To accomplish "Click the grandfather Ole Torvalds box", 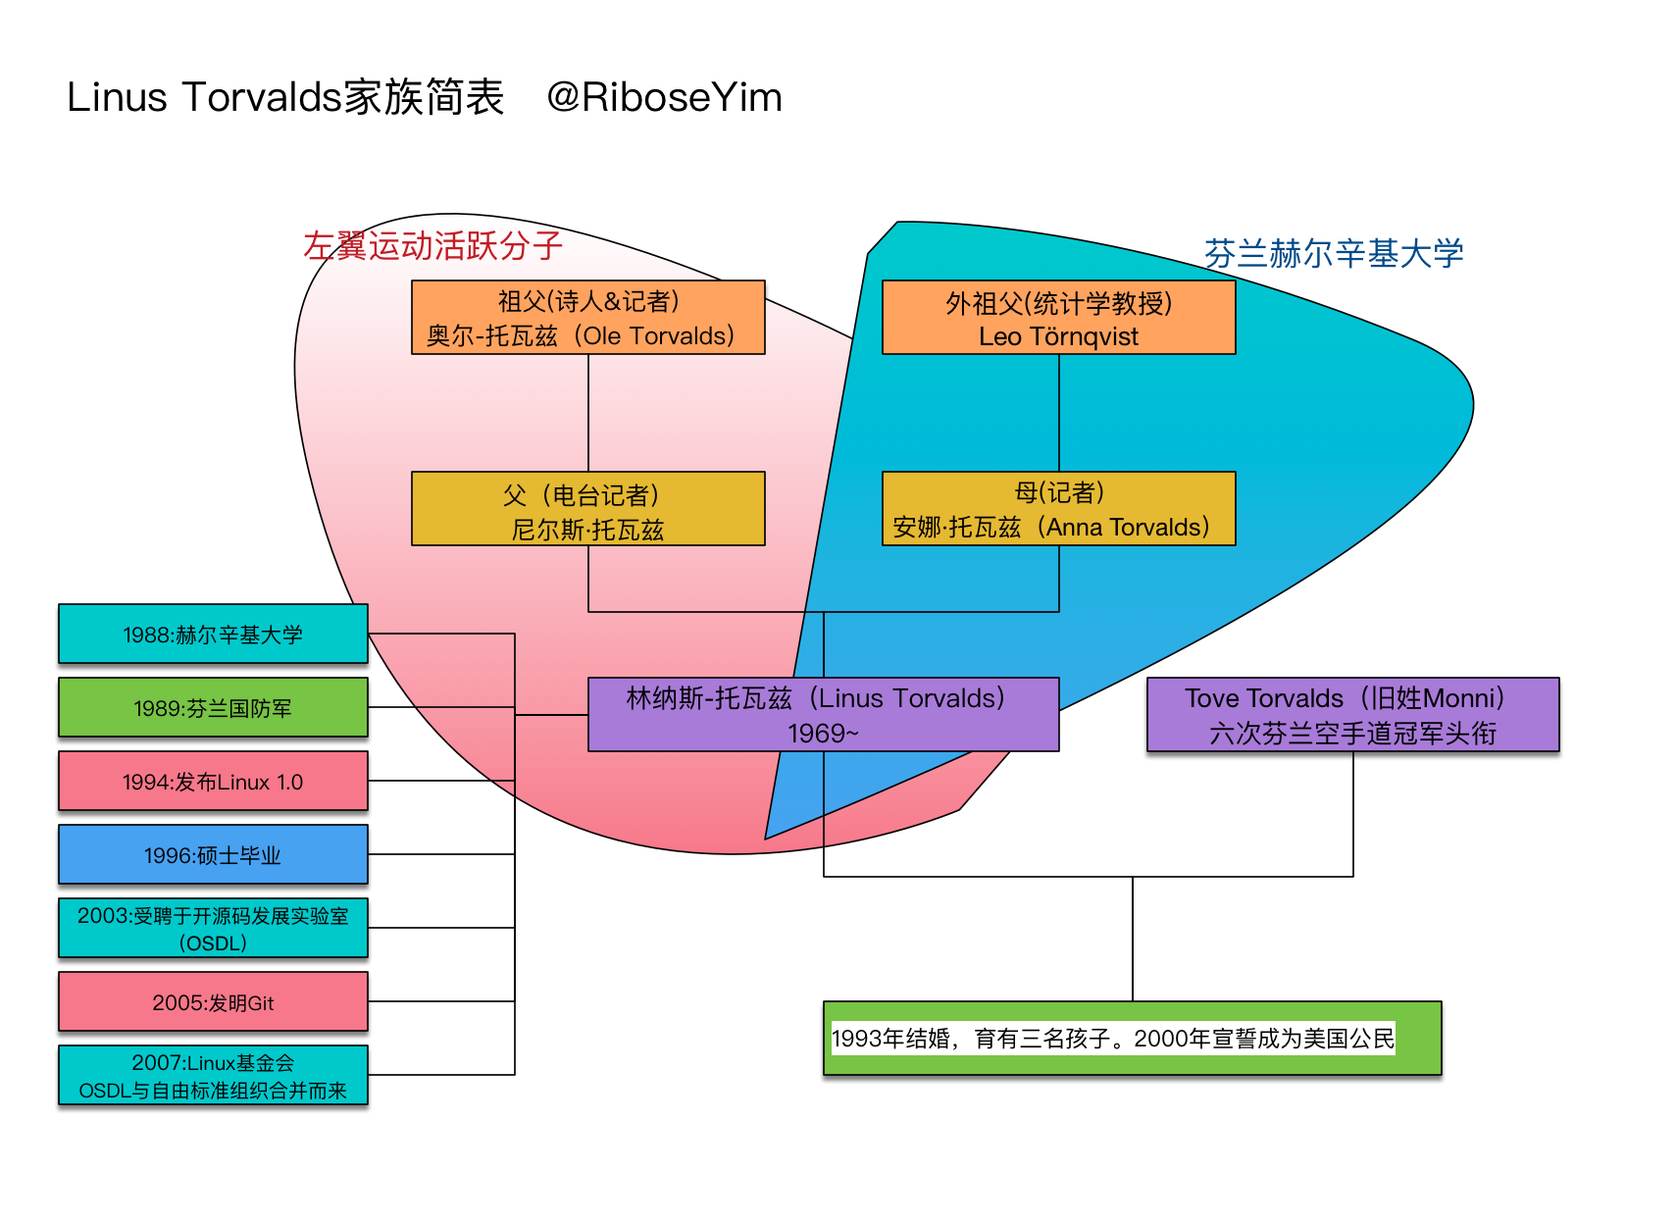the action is pyautogui.click(x=588, y=318).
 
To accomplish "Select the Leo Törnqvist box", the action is pyautogui.click(x=1059, y=318).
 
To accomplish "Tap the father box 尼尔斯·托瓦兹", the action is pyautogui.click(x=588, y=509).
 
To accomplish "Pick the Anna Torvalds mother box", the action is pyautogui.click(x=1059, y=509).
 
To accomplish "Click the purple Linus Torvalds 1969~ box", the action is pyautogui.click(x=823, y=715).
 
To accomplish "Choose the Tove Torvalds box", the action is pyautogui.click(x=1352, y=715).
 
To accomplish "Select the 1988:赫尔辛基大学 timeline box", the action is pyautogui.click(x=213, y=634).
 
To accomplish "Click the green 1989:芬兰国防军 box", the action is pyautogui.click(x=213, y=707).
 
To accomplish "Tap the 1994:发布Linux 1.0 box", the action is pyautogui.click(x=213, y=782).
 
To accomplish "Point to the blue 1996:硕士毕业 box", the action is pyautogui.click(x=213, y=854).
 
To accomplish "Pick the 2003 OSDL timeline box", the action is pyautogui.click(x=213, y=928).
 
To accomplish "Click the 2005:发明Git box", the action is pyautogui.click(x=213, y=1002).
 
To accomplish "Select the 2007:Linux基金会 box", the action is pyautogui.click(x=213, y=1075).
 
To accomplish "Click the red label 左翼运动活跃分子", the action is pyautogui.click(x=432, y=246).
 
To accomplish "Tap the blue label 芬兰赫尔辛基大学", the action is pyautogui.click(x=1334, y=254).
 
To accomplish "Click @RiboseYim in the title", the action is pyautogui.click(x=664, y=97).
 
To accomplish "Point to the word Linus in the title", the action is pyautogui.click(x=117, y=97).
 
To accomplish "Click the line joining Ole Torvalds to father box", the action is pyautogui.click(x=588, y=413).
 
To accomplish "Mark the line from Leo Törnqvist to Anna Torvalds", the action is pyautogui.click(x=1059, y=413).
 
